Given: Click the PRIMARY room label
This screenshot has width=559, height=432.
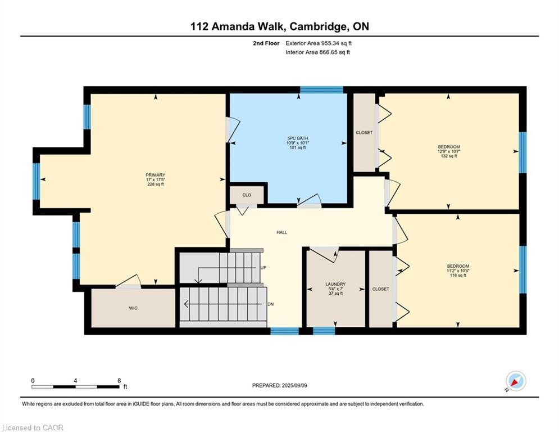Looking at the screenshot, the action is (156, 175).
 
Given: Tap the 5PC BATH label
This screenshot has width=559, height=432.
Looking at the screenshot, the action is (298, 138).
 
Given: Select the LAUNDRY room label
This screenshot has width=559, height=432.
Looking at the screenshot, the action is (335, 284).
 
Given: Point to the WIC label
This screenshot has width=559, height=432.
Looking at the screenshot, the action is (133, 308).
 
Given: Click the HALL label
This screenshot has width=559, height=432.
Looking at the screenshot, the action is (281, 232).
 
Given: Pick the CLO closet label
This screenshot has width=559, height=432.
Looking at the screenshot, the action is (247, 195).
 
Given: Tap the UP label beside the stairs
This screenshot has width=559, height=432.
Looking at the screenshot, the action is (263, 267).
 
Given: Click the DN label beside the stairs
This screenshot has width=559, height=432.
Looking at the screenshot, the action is (271, 304).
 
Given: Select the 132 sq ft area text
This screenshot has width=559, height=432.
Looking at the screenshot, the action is (449, 156).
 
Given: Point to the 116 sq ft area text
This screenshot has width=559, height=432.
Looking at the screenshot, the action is (458, 275).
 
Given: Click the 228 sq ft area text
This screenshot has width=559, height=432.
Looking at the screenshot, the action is (156, 184).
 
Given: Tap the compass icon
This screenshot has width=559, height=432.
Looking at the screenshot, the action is (516, 381).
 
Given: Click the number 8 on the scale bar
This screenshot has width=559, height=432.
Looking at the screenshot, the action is (119, 381).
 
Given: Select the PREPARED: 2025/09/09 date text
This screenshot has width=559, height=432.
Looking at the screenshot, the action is (280, 385).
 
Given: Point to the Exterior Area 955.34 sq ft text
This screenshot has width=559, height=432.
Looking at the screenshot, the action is (319, 43).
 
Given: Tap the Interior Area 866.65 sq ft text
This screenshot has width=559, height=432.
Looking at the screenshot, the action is (317, 52).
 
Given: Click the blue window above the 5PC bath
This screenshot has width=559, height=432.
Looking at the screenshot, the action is (321, 89).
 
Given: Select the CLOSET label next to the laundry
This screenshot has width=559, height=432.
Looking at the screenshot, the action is (381, 289).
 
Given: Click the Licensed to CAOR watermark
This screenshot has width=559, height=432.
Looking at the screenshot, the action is (33, 427).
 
